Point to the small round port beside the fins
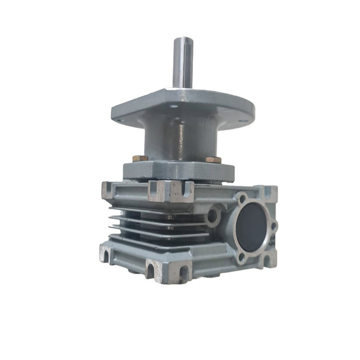pos(213,216)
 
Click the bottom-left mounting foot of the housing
pos(110,253)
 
